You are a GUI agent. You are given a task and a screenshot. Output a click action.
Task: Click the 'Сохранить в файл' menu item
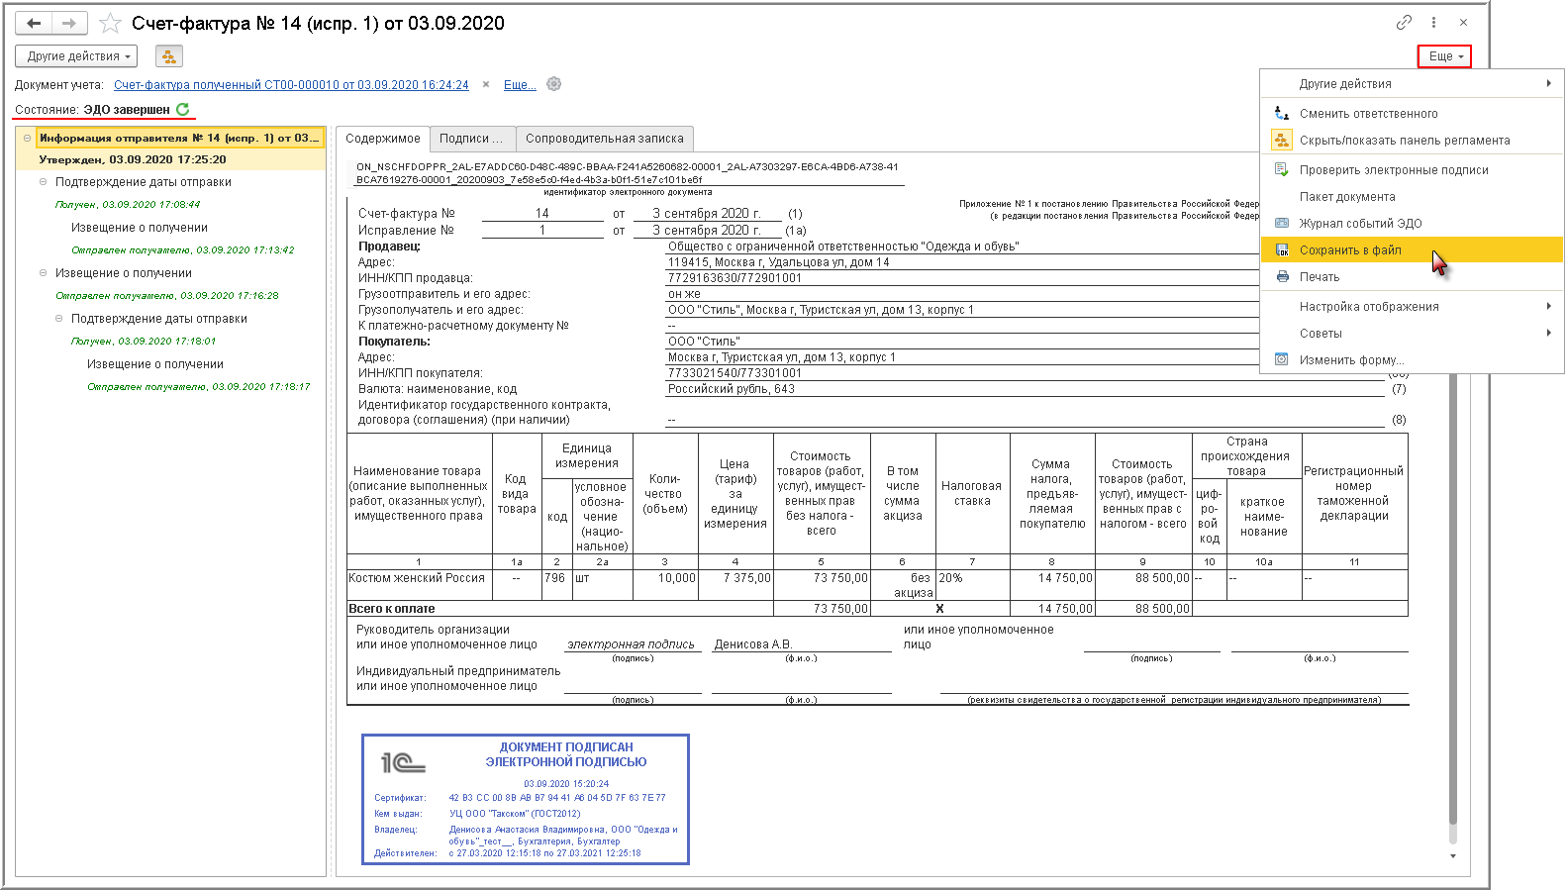[1350, 250]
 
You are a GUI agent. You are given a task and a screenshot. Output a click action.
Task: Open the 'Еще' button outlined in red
[1444, 56]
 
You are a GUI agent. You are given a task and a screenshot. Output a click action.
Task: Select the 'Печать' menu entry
[1319, 277]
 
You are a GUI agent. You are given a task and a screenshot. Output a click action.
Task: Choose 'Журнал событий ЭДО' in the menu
[1360, 224]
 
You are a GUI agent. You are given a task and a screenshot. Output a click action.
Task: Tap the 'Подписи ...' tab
[470, 139]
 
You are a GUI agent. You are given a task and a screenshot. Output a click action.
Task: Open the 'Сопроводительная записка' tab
[604, 139]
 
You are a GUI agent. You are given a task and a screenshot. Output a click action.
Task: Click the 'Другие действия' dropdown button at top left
[77, 56]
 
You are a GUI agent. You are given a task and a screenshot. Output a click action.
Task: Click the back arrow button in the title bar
[34, 23]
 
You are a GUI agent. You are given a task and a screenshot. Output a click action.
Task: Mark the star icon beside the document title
[110, 23]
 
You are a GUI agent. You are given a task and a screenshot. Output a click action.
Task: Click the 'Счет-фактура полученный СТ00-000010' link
[291, 85]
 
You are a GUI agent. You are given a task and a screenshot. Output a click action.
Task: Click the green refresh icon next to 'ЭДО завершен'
[183, 110]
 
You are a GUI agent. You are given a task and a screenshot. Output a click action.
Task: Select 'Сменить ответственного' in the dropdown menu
[1368, 114]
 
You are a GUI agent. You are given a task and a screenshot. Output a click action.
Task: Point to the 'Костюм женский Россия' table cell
[417, 578]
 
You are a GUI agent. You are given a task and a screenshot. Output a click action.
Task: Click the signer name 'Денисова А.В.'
[752, 644]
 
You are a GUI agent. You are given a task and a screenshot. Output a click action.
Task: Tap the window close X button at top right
[1463, 23]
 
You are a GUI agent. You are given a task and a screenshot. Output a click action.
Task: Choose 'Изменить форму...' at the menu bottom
[1351, 360]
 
